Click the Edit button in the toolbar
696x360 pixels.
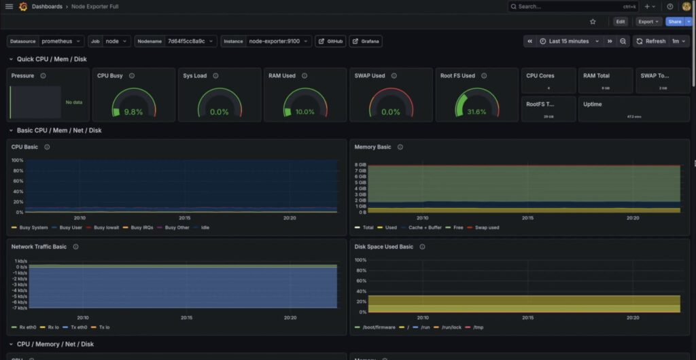[621, 22]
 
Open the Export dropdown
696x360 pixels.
[648, 22]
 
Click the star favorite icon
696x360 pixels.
[593, 22]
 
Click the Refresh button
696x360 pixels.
[651, 41]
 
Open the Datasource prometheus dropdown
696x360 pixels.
[62, 41]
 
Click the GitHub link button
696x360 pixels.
[331, 41]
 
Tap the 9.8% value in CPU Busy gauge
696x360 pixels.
[133, 112]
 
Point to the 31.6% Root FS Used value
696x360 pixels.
[476, 112]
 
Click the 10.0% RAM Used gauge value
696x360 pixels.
[305, 112]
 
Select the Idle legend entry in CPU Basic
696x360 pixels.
[205, 228]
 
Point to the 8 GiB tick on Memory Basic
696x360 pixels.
[361, 164]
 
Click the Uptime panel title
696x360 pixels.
[592, 104]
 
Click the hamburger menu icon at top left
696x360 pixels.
[10, 6]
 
